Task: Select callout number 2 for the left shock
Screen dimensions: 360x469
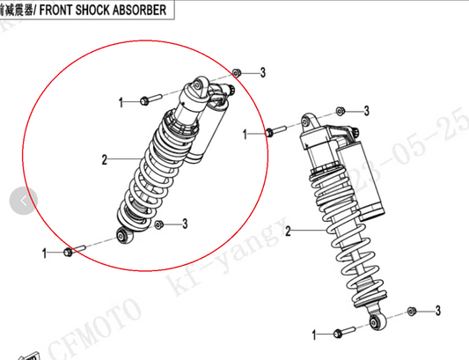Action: point(104,159)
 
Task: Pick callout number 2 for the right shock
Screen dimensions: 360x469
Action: point(288,231)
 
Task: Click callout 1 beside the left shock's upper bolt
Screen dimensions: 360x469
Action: point(121,102)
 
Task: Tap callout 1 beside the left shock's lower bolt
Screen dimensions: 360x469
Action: point(44,253)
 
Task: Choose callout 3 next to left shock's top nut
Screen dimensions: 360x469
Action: point(262,71)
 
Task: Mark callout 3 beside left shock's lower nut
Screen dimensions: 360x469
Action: point(185,224)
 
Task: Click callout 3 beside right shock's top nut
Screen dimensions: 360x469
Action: point(367,110)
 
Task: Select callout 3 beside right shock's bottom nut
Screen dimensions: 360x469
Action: point(437,311)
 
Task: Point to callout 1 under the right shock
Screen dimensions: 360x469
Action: point(314,334)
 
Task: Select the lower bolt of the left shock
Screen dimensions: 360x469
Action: point(70,253)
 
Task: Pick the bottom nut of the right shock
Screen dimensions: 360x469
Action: point(412,311)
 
